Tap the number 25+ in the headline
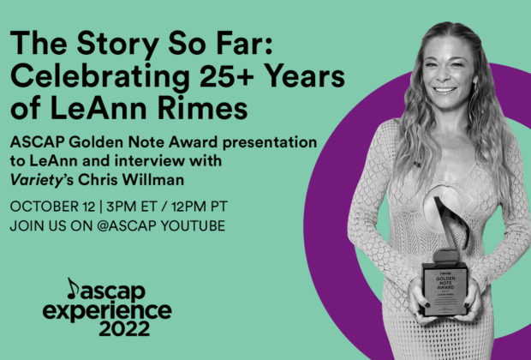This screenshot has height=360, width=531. (x=227, y=75)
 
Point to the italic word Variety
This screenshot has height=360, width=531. (x=37, y=180)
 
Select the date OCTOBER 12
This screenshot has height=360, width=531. (x=53, y=207)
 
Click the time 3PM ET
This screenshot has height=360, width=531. (x=132, y=207)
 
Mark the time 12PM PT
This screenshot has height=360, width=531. (x=199, y=207)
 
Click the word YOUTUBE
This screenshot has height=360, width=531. (x=193, y=225)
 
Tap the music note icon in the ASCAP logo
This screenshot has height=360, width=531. (x=72, y=289)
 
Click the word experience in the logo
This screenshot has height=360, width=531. (x=107, y=311)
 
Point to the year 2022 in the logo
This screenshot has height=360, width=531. (x=124, y=328)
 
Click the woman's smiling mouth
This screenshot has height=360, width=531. (x=444, y=90)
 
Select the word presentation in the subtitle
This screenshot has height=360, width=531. (x=270, y=142)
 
